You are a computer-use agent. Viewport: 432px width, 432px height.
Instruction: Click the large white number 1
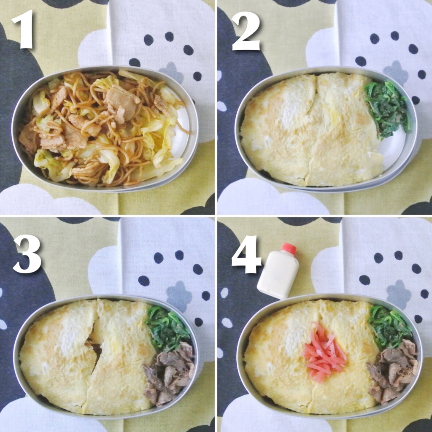23,29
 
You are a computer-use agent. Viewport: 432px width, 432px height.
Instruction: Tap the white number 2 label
246,31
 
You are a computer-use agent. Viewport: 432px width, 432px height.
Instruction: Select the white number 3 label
27,254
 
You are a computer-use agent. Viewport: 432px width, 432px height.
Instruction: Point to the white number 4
246,254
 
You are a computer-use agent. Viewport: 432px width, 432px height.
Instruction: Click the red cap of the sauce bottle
289,248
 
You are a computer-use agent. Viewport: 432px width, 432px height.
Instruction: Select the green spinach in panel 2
386,109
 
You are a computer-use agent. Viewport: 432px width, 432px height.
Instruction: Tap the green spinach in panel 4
389,327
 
